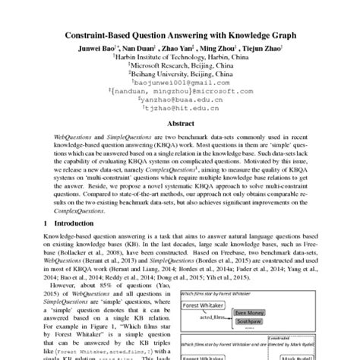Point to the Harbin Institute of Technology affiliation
point(179,55)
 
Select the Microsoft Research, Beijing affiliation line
point(179,65)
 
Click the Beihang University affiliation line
point(179,75)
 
